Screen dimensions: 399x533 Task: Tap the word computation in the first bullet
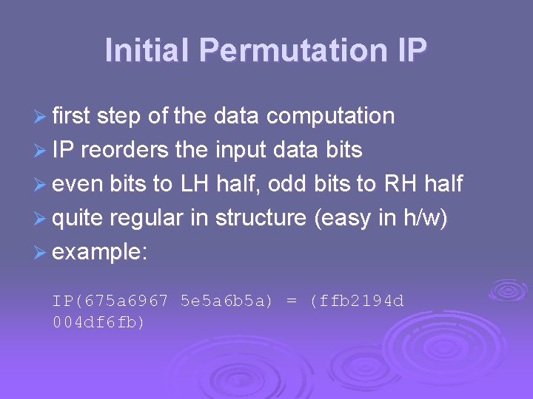330,116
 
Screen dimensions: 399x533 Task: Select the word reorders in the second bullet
125,150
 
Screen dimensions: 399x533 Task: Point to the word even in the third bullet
78,184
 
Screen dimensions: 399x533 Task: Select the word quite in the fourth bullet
79,219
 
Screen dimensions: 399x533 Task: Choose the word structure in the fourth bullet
262,218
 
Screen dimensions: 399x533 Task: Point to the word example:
100,253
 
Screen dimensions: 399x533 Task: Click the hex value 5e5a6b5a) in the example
227,301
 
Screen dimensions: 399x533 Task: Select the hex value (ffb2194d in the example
357,301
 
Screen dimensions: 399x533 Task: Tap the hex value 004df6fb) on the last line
98,323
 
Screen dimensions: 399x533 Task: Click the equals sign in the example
292,301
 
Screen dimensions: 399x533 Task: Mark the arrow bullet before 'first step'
41,117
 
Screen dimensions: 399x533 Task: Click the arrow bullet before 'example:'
41,253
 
